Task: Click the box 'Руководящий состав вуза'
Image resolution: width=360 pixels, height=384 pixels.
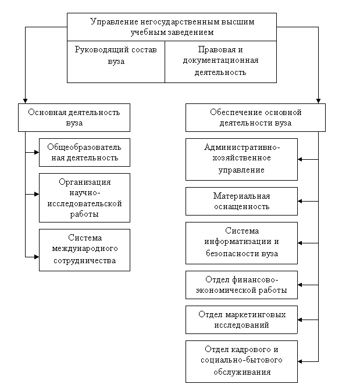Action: (x=116, y=62)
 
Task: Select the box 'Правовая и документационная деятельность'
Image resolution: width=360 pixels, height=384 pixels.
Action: (x=220, y=62)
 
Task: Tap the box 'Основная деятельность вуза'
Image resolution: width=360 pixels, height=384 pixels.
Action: (x=74, y=117)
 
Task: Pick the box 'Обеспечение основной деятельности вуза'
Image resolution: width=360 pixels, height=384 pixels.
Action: (x=255, y=117)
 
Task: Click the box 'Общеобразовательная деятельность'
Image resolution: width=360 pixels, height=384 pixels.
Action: (x=84, y=152)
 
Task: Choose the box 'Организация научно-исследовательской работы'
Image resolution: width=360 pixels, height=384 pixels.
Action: (x=84, y=198)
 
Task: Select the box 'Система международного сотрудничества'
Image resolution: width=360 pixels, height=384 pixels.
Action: (x=84, y=250)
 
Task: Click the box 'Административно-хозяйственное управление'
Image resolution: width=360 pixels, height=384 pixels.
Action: (x=241, y=159)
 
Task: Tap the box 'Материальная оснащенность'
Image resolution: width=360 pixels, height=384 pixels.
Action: (x=241, y=202)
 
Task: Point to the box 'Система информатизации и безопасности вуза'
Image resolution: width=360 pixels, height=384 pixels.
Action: (x=241, y=243)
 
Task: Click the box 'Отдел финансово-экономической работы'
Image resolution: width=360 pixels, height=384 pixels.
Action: (x=241, y=285)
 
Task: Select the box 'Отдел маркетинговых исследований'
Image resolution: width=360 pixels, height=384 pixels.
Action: (x=241, y=320)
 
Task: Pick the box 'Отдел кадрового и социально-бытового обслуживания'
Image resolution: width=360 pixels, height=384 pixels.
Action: (x=241, y=361)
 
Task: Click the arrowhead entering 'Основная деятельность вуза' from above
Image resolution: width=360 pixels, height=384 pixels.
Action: (x=25, y=101)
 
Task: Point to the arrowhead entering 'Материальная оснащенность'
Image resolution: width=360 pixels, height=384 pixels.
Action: (x=300, y=202)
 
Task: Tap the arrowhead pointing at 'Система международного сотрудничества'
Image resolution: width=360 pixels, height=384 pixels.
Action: (x=37, y=257)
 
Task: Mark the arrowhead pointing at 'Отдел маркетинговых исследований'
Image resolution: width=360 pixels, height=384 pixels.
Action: (x=300, y=320)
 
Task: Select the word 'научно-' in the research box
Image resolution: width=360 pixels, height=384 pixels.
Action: (x=85, y=193)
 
